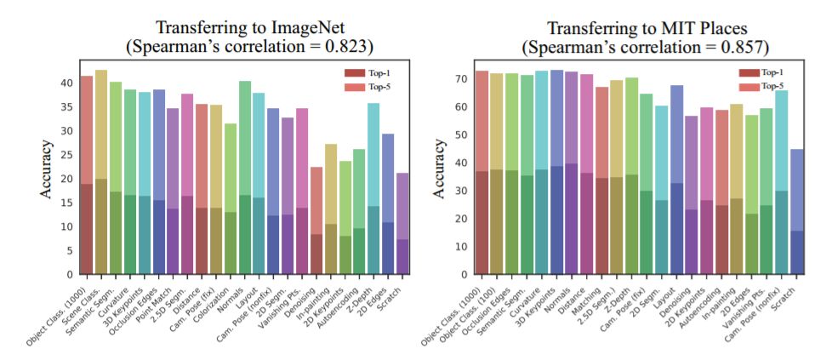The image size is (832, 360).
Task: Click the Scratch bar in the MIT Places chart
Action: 796,212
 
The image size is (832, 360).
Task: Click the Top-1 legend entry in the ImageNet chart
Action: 365,73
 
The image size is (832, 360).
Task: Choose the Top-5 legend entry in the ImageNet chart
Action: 365,87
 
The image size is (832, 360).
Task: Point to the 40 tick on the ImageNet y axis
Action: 67,83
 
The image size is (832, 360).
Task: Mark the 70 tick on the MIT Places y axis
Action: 461,79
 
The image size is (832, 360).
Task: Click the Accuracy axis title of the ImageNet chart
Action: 48,170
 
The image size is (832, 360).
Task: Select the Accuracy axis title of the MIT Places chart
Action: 442,170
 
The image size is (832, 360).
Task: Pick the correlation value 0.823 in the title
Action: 345,48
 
